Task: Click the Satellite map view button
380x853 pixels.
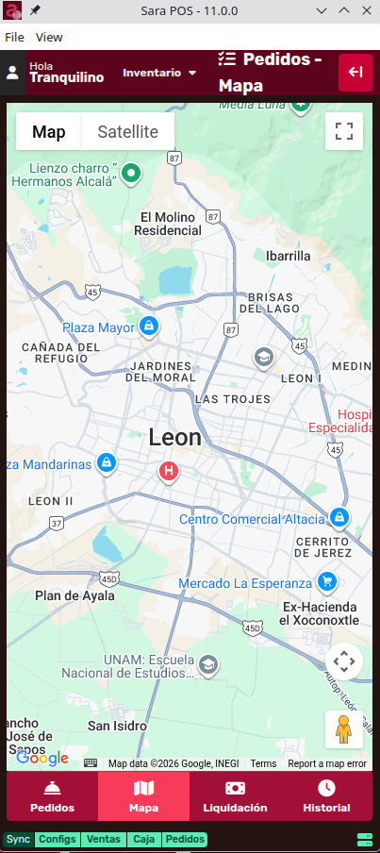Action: pyautogui.click(x=127, y=132)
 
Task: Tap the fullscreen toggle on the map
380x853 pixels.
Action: pyautogui.click(x=344, y=131)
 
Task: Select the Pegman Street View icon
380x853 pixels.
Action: pyautogui.click(x=344, y=728)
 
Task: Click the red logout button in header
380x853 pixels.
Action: pyautogui.click(x=355, y=73)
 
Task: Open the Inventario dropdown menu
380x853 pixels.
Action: pyautogui.click(x=159, y=73)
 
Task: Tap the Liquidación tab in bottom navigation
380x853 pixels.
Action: pyautogui.click(x=235, y=796)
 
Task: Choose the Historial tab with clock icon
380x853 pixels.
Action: pyautogui.click(x=326, y=796)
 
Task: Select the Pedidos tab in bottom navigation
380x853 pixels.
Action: pyautogui.click(x=52, y=796)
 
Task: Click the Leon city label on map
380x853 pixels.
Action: pyautogui.click(x=175, y=438)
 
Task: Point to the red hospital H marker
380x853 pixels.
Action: pyautogui.click(x=169, y=470)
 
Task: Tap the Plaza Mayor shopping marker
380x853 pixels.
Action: pyautogui.click(x=148, y=326)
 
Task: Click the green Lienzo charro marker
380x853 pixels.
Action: pyautogui.click(x=132, y=173)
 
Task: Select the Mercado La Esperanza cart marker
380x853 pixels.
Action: pyautogui.click(x=327, y=581)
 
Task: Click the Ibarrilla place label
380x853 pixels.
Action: pyautogui.click(x=288, y=256)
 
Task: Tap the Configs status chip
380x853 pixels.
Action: pyautogui.click(x=58, y=839)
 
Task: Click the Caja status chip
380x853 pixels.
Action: pyautogui.click(x=143, y=839)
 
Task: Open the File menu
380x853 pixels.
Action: pyautogui.click(x=14, y=37)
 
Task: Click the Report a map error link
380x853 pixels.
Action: pyautogui.click(x=327, y=763)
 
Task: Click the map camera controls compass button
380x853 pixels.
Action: pyautogui.click(x=344, y=661)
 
